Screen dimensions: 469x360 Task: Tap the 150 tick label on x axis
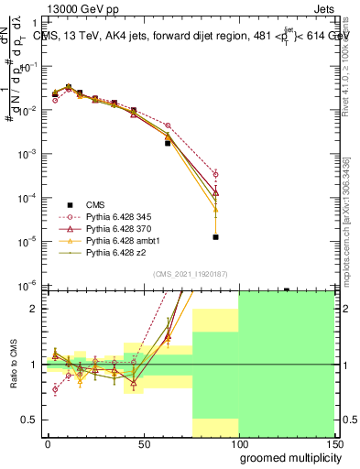pyautogui.click(x=334, y=443)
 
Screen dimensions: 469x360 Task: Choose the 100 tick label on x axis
pyautogui.click(x=239, y=443)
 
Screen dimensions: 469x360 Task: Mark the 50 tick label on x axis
pyautogui.click(x=144, y=443)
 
